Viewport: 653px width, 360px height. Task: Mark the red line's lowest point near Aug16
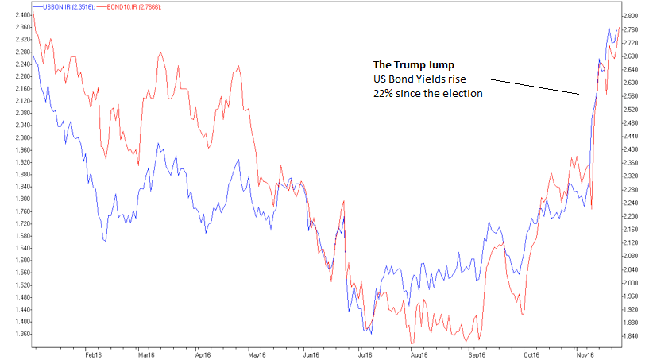pos(412,343)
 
